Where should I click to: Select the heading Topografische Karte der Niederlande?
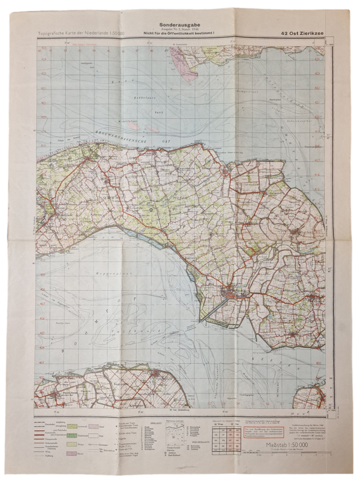pyautogui.click(x=81, y=34)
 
